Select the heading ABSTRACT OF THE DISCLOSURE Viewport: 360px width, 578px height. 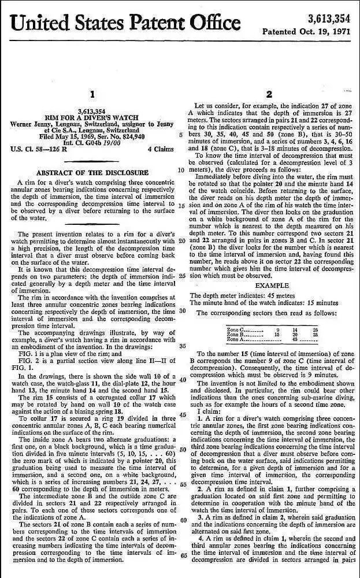[x=92, y=173]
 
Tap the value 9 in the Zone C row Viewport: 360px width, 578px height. [x=278, y=329]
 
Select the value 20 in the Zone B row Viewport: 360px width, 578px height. [x=295, y=334]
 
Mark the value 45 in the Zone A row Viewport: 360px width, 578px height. [x=295, y=339]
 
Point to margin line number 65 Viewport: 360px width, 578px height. [x=182, y=556]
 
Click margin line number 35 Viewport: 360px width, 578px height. [x=182, y=346]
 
